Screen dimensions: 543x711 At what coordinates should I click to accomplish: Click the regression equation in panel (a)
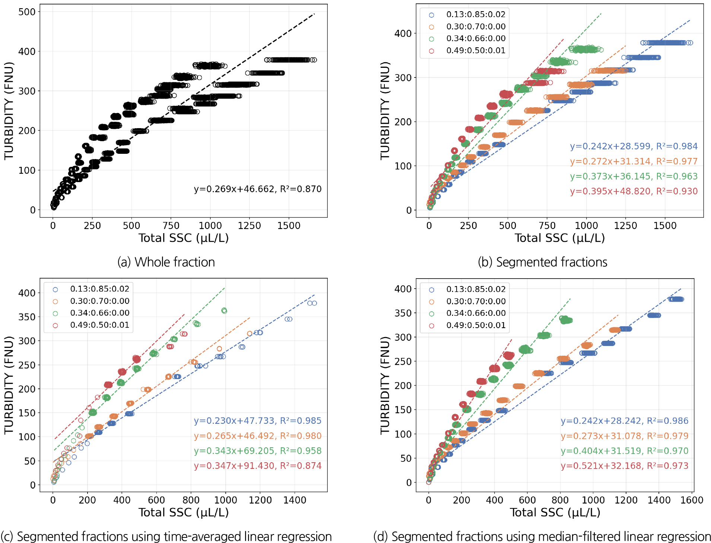point(257,189)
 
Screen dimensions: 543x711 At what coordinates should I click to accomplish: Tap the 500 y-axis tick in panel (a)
point(27,12)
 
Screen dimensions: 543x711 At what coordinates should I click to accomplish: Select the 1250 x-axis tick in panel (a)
point(249,226)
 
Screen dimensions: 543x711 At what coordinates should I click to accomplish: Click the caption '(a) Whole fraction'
point(166,262)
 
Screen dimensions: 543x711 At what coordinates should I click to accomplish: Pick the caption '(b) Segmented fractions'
point(542,262)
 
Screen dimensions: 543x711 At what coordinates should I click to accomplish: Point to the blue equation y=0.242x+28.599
point(634,146)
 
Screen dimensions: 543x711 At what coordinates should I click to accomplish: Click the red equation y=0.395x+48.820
point(634,191)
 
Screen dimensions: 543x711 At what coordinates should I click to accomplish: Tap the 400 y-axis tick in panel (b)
point(403,34)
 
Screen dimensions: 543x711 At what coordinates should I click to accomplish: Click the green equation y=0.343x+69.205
point(257,451)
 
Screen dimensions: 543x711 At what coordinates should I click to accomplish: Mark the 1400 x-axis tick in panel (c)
point(295,500)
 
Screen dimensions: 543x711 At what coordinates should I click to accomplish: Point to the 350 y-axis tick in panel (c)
point(27,317)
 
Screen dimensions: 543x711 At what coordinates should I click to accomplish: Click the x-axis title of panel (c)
point(184,512)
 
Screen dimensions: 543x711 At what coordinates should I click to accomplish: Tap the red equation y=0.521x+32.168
point(625,466)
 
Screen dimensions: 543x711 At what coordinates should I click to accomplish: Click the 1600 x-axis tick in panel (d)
point(692,500)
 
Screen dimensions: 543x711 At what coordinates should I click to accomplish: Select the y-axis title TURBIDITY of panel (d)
point(385,385)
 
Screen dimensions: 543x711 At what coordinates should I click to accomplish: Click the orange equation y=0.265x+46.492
point(257,436)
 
